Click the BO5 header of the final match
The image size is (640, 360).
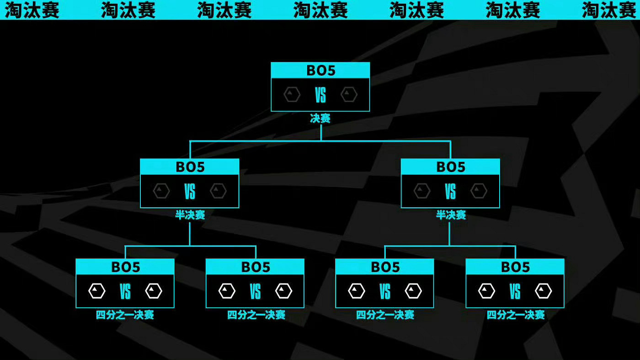point(320,70)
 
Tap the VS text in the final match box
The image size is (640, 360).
point(320,96)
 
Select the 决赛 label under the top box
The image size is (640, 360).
point(320,119)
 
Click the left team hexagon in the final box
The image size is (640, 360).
point(292,95)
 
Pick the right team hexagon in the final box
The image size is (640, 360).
point(349,95)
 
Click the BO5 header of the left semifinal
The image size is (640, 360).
point(190,167)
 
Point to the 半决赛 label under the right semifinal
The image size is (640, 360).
point(451,215)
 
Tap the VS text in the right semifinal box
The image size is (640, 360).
point(450,192)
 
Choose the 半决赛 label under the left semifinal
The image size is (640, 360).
point(190,215)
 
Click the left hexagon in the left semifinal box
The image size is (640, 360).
point(161,191)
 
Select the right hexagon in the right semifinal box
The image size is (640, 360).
point(479,191)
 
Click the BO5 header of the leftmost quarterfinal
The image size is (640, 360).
point(125,267)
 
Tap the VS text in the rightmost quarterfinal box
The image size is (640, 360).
point(515,291)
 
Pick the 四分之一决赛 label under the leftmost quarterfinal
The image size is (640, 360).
point(125,315)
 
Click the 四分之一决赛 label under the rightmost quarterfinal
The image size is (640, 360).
point(515,315)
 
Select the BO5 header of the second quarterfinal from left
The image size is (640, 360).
point(255,267)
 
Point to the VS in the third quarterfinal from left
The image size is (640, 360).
point(385,291)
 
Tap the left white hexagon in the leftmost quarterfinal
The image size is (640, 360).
point(97,291)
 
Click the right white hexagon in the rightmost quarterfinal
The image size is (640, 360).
point(544,291)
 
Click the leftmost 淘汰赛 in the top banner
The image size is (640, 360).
point(32,10)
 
